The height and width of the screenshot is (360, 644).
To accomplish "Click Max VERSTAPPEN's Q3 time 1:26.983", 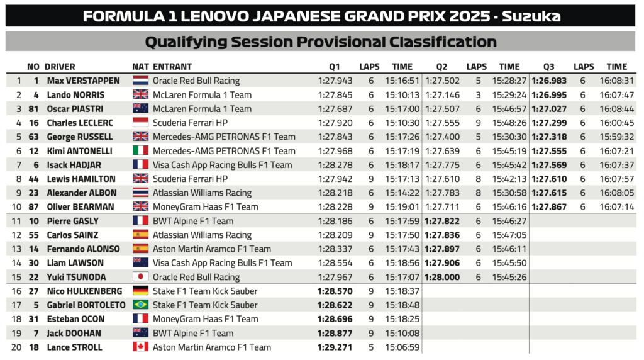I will (549, 81).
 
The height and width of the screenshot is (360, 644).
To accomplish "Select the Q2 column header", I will (441, 66).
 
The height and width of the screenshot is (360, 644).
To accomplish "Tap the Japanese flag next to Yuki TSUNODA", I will (140, 277).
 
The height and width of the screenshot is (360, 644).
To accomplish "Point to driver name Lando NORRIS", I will (75, 95).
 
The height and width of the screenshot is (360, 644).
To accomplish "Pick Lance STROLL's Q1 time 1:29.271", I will (335, 347).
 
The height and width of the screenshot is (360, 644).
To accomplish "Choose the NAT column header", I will (140, 66).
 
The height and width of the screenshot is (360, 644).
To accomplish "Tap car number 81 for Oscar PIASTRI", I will (34, 109).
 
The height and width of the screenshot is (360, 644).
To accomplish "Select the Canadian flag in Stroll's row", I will (140, 347).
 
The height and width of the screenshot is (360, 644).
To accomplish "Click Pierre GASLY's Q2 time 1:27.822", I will (442, 221).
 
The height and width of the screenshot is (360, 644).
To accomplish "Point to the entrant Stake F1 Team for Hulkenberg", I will (196, 291).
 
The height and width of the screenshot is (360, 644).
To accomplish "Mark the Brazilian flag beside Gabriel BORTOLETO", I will (140, 305).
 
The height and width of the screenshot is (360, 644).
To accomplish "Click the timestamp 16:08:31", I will (616, 81).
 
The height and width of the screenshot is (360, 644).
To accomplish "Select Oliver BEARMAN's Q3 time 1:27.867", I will (549, 206).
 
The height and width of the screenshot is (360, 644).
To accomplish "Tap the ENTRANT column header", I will (172, 66).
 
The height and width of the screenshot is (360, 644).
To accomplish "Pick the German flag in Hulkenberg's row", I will (140, 291).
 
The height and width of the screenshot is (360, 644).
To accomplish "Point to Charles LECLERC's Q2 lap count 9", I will (479, 123).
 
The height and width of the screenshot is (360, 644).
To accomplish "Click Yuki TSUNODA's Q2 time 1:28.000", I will (442, 277).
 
